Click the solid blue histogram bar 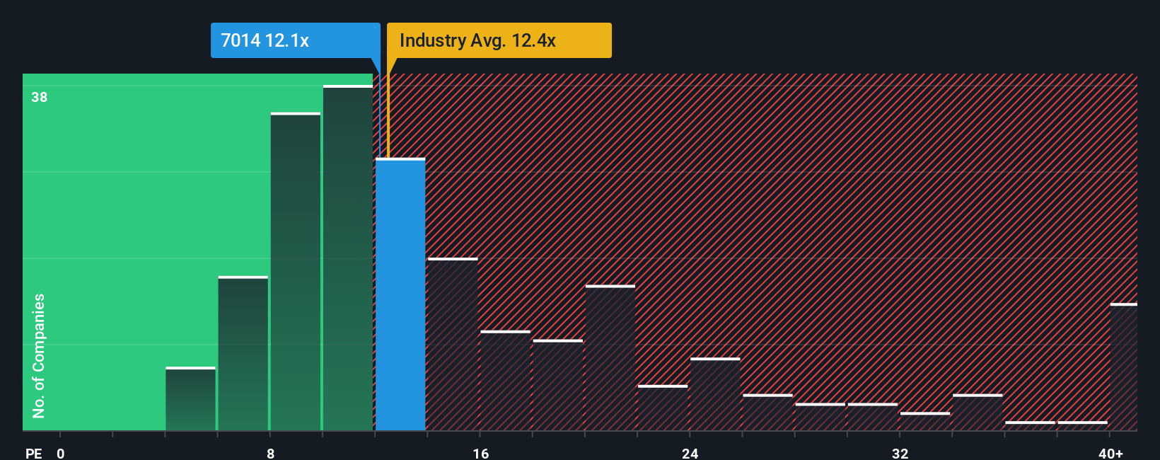[x=400, y=294]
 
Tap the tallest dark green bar [x=348, y=258]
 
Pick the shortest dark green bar [x=190, y=398]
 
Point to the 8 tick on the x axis [x=270, y=453]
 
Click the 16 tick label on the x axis [x=480, y=453]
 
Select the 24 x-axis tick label [x=690, y=453]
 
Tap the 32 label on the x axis [x=900, y=453]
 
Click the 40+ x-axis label [x=1110, y=453]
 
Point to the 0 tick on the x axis [x=61, y=453]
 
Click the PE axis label [x=33, y=453]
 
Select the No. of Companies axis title [x=39, y=355]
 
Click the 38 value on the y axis [x=40, y=97]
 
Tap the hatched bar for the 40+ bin [x=1123, y=367]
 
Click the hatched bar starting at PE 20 [x=610, y=357]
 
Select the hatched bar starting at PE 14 [x=453, y=344]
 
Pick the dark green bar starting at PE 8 [x=296, y=271]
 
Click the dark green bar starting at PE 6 [x=243, y=353]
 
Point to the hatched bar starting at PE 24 [x=715, y=394]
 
